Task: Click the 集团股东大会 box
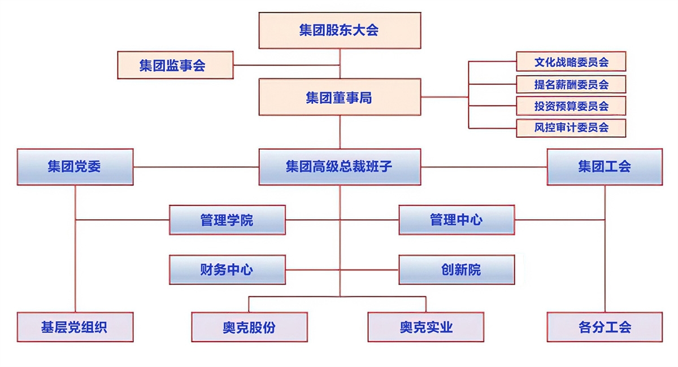coord(340,30)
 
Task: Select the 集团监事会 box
coord(175,65)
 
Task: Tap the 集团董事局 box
coord(340,97)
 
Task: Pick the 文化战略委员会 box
coord(571,62)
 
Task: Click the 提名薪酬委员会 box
coord(571,84)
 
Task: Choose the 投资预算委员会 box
coord(571,106)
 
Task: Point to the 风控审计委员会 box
coord(571,128)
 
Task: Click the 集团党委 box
coord(75,167)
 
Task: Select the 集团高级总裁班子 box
coord(340,167)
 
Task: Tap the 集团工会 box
coord(605,167)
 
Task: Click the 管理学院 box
coord(227,220)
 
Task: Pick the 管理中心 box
coord(457,220)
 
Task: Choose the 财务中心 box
coord(227,269)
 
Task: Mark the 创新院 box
coord(457,269)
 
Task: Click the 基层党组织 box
coord(75,327)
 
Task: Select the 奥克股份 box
coord(249,327)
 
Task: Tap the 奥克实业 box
coord(426,327)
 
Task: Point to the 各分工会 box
coord(605,327)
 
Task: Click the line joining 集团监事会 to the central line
coord(285,65)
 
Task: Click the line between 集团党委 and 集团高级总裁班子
coord(196,167)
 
